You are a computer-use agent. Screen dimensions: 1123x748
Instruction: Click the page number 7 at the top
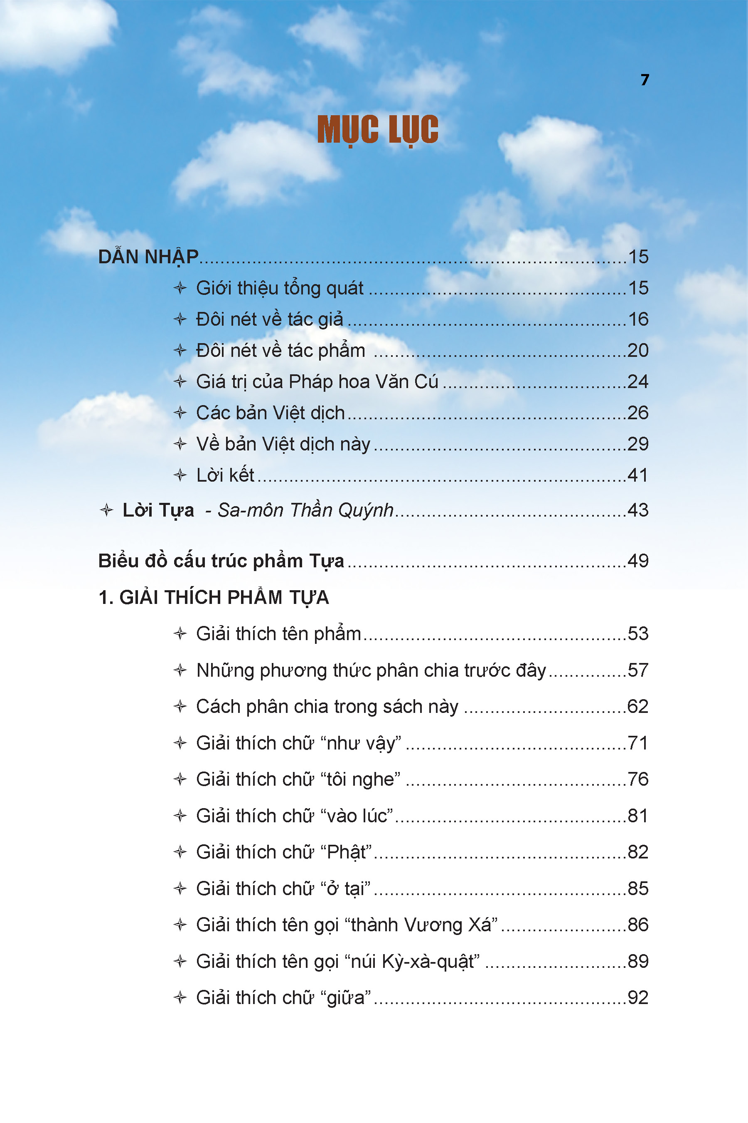(645, 80)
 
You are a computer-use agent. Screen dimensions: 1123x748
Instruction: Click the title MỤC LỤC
(377, 130)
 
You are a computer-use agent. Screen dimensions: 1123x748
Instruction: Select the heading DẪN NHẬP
(148, 257)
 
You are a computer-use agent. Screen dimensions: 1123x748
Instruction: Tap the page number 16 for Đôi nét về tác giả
(638, 319)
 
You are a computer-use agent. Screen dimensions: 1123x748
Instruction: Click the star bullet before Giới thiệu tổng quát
(180, 288)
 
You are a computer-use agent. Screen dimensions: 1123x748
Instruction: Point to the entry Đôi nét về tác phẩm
(280, 351)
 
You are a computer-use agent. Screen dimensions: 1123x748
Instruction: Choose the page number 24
(638, 381)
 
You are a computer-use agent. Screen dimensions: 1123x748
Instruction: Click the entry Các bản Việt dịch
(270, 413)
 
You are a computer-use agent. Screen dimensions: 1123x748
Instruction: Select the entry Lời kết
(225, 475)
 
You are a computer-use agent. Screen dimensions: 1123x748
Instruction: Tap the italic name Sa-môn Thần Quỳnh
(305, 510)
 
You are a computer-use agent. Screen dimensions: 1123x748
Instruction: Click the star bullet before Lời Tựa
(106, 510)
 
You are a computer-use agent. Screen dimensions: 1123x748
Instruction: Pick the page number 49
(638, 561)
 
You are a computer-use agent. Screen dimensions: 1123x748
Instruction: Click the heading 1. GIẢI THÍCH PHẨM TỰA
(213, 597)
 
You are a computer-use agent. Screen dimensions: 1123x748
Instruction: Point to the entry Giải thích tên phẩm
(278, 633)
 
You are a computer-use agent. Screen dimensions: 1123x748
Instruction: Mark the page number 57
(638, 670)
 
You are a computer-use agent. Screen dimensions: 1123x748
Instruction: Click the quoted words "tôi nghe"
(361, 779)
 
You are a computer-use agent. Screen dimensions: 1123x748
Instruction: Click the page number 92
(638, 998)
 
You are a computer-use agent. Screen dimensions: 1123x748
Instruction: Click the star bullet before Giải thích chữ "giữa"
(180, 997)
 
